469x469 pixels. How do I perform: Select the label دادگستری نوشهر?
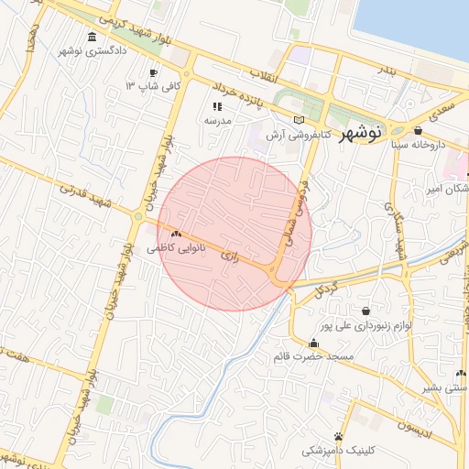pos(91,51)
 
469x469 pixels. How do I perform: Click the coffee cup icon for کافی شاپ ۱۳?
pos(153,72)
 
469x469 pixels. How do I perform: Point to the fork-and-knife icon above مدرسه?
pos(218,106)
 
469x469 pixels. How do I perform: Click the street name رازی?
pos(230,259)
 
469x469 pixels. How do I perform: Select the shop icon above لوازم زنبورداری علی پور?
pos(366,310)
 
